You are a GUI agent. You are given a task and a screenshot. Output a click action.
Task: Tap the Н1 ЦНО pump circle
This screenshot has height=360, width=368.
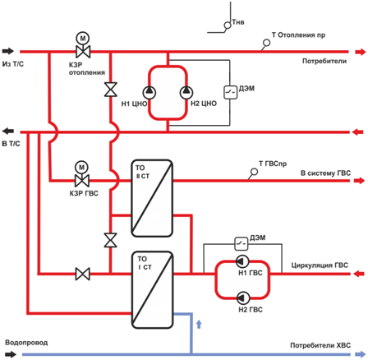coord(149,93)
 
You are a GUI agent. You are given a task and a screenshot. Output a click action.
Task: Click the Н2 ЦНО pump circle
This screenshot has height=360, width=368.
coord(186,93)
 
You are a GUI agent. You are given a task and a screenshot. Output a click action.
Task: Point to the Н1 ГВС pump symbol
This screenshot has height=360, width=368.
coord(242,261)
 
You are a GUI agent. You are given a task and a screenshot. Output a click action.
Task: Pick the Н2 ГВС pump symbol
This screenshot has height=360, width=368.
coord(242,298)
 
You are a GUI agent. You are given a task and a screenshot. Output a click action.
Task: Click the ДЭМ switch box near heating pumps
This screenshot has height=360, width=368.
coord(231,92)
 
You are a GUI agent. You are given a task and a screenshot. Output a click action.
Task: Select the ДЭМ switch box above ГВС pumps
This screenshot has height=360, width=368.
coord(241,243)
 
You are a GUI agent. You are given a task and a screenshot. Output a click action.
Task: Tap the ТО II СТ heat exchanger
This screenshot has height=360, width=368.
coord(152,198)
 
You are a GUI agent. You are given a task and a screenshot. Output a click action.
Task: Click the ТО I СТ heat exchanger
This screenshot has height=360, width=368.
coord(153,290)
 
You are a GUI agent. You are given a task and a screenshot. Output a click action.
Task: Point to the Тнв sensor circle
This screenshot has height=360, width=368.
coord(228,25)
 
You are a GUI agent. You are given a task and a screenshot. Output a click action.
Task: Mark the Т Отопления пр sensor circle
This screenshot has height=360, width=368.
coord(266,43)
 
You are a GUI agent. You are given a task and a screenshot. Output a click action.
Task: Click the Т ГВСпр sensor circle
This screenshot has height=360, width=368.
coord(254,172)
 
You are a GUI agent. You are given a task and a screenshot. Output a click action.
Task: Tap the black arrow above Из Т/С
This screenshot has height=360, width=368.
coord(8,51)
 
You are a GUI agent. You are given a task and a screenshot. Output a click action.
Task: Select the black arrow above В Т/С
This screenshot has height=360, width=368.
coord(8,132)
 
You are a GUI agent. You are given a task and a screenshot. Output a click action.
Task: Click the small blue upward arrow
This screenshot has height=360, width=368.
coord(199,324)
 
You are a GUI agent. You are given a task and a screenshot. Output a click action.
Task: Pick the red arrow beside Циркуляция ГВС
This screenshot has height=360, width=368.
coord(359,274)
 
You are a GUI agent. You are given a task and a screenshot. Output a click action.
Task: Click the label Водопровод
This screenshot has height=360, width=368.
coord(26,343)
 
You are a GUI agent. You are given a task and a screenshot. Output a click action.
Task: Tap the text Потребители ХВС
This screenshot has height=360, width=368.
coord(320,345)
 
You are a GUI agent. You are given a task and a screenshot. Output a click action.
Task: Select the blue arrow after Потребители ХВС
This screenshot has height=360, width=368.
coord(360,354)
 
